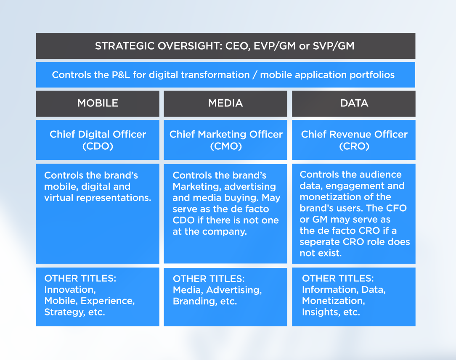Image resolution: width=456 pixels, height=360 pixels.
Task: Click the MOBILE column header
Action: tap(98, 103)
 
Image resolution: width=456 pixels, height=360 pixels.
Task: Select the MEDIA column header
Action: tap(225, 103)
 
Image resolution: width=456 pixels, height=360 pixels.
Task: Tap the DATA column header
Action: tap(354, 103)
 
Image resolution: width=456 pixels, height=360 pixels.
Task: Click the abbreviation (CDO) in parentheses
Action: tap(98, 146)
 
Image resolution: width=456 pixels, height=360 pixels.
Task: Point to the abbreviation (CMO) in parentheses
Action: tap(226, 146)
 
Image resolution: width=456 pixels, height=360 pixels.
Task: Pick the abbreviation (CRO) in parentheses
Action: tap(354, 146)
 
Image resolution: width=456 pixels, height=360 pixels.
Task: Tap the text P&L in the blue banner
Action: tap(121, 75)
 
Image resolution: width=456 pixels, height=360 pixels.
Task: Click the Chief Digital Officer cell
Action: tap(98, 140)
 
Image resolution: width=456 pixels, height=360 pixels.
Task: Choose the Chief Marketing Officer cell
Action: tap(225, 140)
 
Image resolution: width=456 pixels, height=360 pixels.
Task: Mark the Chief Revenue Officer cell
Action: tap(354, 140)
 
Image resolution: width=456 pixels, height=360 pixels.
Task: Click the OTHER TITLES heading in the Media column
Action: tap(209, 278)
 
